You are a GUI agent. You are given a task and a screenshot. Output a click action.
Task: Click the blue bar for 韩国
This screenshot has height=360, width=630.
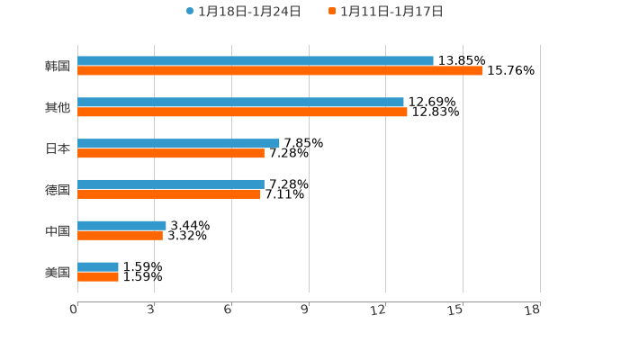coord(256,61)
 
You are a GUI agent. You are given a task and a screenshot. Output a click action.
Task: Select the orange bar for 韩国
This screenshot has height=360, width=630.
coord(280,71)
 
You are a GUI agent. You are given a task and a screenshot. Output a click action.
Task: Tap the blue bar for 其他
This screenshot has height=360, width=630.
coord(240,103)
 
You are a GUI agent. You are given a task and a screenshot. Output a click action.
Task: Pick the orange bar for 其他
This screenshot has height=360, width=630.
coord(242,112)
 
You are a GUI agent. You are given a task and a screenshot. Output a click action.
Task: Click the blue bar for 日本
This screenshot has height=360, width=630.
coord(178,143)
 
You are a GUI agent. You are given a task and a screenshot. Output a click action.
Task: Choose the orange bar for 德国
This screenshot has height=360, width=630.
coord(169,194)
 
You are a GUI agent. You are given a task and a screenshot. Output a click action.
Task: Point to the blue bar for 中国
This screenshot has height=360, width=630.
coord(121,226)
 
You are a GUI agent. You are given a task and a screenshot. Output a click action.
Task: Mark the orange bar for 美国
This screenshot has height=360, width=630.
coord(98,277)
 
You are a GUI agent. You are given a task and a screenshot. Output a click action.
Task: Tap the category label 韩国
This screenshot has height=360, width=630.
coord(58,66)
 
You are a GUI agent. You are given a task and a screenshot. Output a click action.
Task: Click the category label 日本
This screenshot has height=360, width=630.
coord(58,148)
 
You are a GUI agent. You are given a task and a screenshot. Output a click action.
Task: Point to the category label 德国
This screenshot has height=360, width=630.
coord(58,190)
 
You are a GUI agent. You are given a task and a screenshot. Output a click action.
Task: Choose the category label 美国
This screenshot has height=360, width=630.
coord(58,272)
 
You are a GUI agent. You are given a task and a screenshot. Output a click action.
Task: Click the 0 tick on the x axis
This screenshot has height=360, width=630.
coord(74,310)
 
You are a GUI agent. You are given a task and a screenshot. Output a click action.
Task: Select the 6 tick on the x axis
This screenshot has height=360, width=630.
coord(228,310)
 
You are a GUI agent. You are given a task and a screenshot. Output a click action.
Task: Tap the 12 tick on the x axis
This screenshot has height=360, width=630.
coord(379,310)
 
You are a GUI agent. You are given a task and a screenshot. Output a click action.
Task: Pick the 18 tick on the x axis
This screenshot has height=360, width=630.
coord(533,310)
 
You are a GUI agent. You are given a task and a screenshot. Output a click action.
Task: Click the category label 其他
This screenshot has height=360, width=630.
coord(58,107)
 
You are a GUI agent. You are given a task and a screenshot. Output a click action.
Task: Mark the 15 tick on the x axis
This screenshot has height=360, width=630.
coord(455,310)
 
